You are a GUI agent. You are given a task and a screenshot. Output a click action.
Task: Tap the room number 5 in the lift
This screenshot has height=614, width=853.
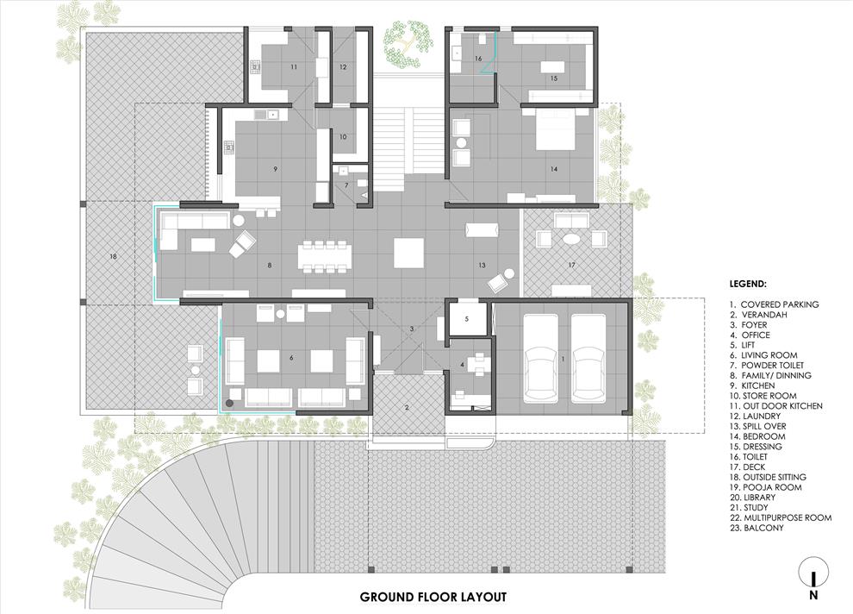coord(467,319)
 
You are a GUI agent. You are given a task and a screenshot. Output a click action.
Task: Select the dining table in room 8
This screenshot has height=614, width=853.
coord(325,255)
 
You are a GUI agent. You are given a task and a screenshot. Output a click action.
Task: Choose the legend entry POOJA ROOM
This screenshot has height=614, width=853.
coord(766,487)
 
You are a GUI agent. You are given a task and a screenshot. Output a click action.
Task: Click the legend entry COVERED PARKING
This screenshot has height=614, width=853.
coord(774,304)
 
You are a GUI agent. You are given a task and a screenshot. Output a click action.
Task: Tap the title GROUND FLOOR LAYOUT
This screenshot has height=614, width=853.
coord(433,597)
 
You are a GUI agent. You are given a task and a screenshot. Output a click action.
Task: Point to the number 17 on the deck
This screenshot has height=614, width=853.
coord(571,265)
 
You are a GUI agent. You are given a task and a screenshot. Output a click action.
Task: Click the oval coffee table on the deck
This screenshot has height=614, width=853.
coord(571,238)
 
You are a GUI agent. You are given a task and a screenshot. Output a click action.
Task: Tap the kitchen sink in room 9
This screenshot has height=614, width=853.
coord(267,115)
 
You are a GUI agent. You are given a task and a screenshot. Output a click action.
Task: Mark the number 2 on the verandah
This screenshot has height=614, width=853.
coord(407,407)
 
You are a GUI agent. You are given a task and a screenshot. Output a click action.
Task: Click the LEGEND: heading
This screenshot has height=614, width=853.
coord(748,284)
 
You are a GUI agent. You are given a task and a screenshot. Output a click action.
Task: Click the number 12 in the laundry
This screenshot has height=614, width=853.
coord(343,67)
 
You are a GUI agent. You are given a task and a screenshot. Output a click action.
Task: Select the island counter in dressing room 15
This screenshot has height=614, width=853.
coord(552,66)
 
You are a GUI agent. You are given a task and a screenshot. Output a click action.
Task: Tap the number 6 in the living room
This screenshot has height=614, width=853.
coord(291,358)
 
